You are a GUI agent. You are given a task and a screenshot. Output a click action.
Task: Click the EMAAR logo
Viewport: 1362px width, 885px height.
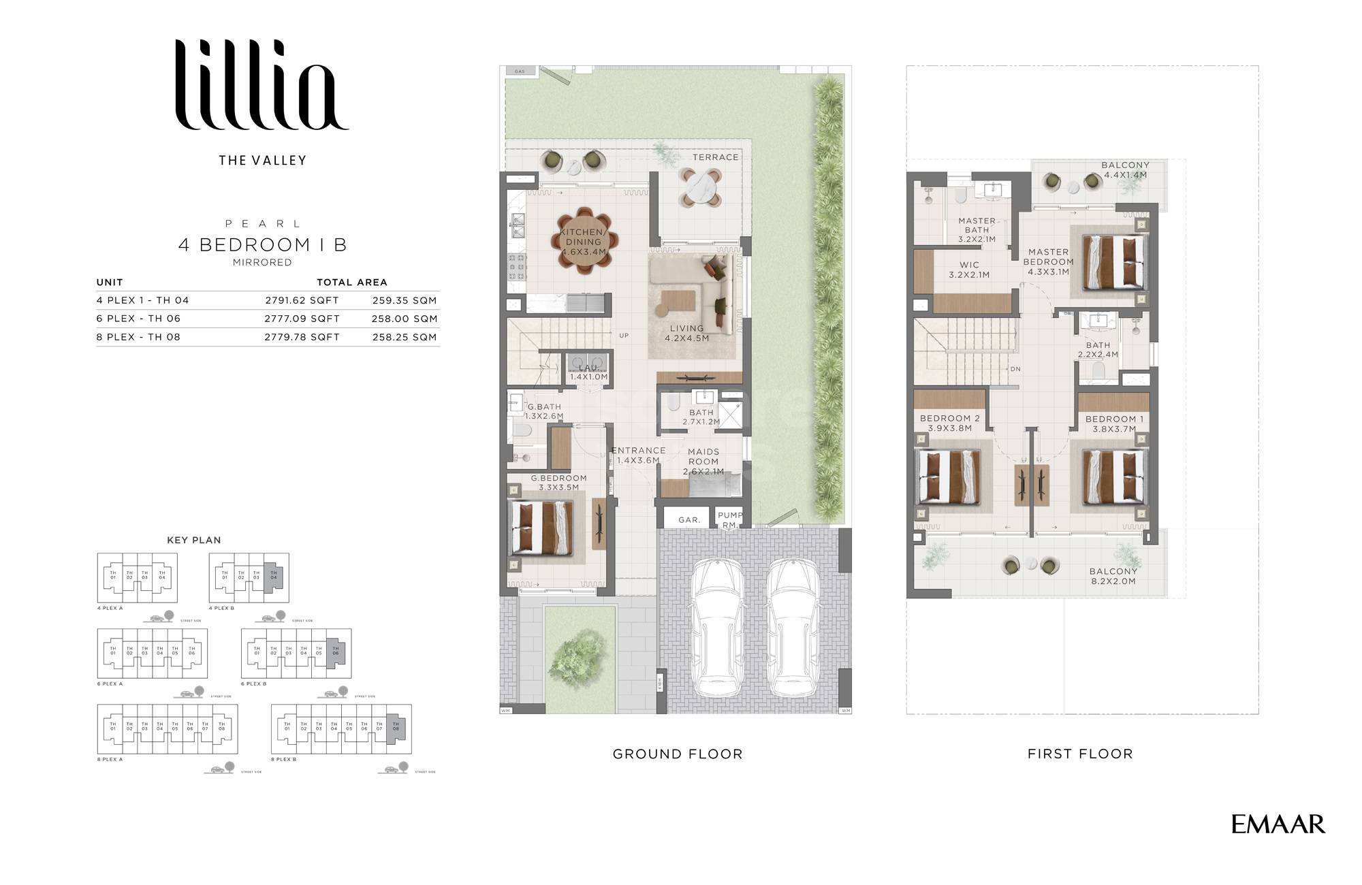pyautogui.click(x=1278, y=824)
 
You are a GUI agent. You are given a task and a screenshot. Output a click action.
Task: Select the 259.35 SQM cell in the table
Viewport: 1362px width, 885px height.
pyautogui.click(x=405, y=300)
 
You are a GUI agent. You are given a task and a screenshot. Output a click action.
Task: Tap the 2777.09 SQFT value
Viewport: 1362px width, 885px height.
pyautogui.click(x=302, y=319)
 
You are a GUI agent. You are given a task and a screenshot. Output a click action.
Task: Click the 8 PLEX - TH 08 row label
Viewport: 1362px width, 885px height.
pyautogui.click(x=138, y=337)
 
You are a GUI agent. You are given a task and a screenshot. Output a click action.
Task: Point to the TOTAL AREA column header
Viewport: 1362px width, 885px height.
pyautogui.click(x=351, y=282)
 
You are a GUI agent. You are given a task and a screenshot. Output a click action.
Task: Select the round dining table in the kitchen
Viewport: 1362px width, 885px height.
pyautogui.click(x=584, y=240)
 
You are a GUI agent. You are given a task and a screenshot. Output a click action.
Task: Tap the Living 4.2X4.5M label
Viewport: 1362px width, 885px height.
pyautogui.click(x=686, y=333)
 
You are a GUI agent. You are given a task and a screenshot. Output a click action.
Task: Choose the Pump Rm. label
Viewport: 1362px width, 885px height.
pyautogui.click(x=730, y=519)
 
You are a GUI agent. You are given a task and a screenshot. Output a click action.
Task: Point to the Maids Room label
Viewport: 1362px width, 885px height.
pyautogui.click(x=703, y=461)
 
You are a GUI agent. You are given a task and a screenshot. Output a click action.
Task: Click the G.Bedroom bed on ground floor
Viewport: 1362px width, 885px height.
pyautogui.click(x=542, y=528)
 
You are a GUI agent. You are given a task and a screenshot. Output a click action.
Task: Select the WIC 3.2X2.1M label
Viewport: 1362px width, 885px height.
pyautogui.click(x=969, y=270)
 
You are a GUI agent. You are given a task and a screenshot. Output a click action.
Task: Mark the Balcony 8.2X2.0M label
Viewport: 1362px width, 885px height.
pyautogui.click(x=1113, y=576)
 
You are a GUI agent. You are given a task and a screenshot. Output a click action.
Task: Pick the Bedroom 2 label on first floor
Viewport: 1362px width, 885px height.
pyautogui.click(x=949, y=423)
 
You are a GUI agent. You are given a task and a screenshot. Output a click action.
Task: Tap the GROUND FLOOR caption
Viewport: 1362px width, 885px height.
pyautogui.click(x=677, y=754)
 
